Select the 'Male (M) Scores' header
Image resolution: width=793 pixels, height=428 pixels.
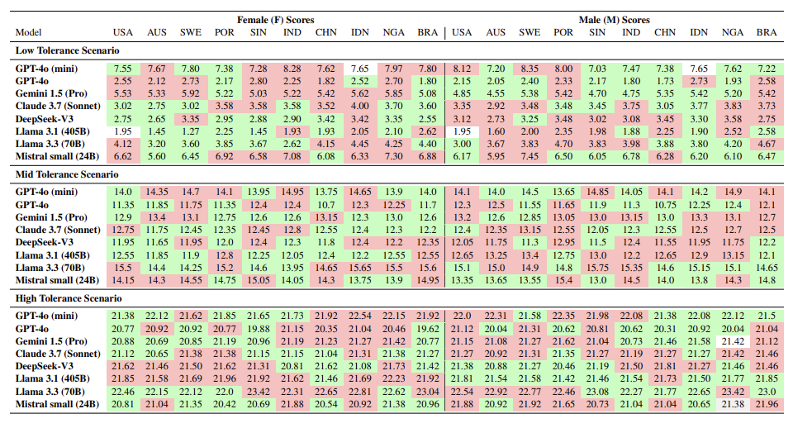tap(613, 18)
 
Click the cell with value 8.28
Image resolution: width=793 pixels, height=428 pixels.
tap(292, 68)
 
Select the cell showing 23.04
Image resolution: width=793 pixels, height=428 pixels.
tap(427, 391)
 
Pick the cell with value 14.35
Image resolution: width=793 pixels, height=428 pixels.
tap(156, 192)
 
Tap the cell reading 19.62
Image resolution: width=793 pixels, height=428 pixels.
tap(427, 329)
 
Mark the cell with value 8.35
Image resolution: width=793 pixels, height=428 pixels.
tap(529, 68)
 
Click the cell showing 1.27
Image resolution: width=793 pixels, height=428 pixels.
tap(190, 130)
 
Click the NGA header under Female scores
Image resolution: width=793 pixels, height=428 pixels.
tap(393, 32)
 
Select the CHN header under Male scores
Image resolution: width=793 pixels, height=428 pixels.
tap(665, 32)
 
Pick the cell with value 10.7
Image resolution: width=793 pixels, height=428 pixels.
tap(325, 204)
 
